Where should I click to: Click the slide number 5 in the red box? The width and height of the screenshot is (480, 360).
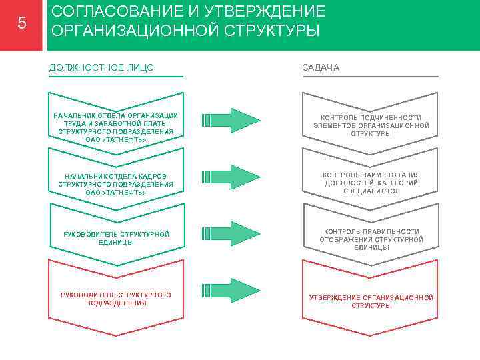click(x=22, y=24)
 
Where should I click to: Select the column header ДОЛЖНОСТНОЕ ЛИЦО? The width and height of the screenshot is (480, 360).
click(x=101, y=67)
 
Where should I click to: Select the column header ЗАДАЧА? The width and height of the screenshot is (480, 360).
click(x=321, y=67)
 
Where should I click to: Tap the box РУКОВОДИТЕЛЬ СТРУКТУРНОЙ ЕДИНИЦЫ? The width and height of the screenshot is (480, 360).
click(x=115, y=238)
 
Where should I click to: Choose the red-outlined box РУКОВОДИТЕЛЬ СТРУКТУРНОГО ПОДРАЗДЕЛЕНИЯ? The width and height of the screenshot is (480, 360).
click(x=115, y=299)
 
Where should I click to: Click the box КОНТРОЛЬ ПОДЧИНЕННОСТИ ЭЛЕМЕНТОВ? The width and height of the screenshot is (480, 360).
click(x=371, y=125)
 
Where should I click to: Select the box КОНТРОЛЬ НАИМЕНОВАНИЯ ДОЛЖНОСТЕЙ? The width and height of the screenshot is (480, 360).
click(x=371, y=183)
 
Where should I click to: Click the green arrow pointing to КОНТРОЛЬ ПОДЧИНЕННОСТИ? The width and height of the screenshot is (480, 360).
click(x=231, y=121)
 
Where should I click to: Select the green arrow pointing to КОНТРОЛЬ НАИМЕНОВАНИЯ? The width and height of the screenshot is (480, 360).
click(x=231, y=177)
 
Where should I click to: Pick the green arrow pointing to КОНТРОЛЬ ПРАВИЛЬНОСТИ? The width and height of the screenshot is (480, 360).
click(x=231, y=233)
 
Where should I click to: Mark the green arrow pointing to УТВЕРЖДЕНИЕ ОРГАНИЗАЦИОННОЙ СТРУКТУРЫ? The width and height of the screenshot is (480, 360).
click(x=231, y=290)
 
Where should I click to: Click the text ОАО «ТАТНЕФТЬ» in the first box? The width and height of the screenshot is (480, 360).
click(x=116, y=139)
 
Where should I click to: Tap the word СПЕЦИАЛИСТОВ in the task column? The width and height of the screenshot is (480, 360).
click(x=371, y=191)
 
